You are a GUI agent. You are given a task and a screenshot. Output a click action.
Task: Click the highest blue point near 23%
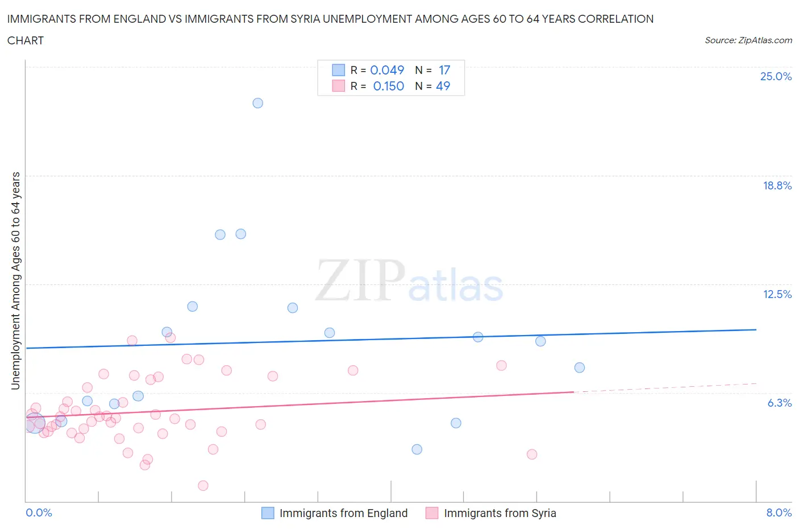[x=257, y=103]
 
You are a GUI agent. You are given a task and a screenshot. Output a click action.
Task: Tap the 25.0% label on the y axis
[x=776, y=77]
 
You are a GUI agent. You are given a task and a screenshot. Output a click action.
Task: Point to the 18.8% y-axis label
[x=777, y=185]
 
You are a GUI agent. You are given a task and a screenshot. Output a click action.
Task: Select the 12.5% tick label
[x=777, y=294]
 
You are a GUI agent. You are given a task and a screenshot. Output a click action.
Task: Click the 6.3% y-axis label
[x=779, y=403]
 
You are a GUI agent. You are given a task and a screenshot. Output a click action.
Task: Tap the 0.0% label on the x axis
[x=39, y=513]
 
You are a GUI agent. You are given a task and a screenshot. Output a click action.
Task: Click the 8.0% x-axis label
[x=779, y=513]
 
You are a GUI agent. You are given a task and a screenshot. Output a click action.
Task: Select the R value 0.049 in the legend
[x=387, y=70]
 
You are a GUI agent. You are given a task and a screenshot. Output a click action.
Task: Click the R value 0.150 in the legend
[x=389, y=86]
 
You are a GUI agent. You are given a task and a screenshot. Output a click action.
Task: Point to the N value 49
[x=443, y=86]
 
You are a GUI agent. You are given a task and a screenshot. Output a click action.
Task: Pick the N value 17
[x=444, y=70]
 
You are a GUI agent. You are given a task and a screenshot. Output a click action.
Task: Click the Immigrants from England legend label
[x=343, y=513]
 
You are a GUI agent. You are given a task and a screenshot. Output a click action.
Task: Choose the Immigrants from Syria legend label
[x=500, y=513]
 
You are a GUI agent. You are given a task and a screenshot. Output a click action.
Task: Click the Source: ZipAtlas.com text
[x=748, y=40]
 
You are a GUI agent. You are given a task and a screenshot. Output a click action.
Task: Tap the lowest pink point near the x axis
[x=203, y=485]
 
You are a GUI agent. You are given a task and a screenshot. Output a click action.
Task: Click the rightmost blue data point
[x=579, y=367]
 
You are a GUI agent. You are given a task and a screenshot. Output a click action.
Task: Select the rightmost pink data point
[x=532, y=454]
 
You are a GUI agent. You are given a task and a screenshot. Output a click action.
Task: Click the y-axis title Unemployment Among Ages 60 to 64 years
[x=16, y=280]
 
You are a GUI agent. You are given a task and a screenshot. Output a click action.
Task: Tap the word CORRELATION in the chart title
[x=615, y=19]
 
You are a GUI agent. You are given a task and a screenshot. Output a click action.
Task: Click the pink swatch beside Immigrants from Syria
[x=432, y=513]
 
